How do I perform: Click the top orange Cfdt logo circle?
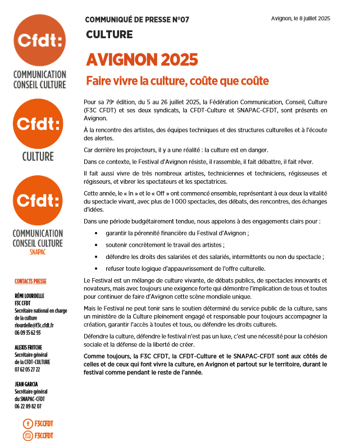(39, 41)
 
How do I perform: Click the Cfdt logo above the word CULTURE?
(39, 123)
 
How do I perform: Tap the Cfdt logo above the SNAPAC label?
(39, 201)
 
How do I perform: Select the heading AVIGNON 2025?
(142, 60)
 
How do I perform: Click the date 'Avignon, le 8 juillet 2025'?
(300, 19)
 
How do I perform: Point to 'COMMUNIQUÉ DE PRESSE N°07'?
(137, 20)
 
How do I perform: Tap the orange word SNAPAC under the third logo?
(39, 252)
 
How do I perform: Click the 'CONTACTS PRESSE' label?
(30, 281)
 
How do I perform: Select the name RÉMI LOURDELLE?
(29, 296)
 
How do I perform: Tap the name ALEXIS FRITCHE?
(28, 347)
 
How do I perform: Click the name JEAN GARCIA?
(26, 384)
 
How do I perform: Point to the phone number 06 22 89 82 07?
(28, 406)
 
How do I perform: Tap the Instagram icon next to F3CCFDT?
(27, 435)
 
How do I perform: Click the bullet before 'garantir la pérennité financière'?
(97, 233)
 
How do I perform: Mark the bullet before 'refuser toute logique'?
(97, 268)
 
